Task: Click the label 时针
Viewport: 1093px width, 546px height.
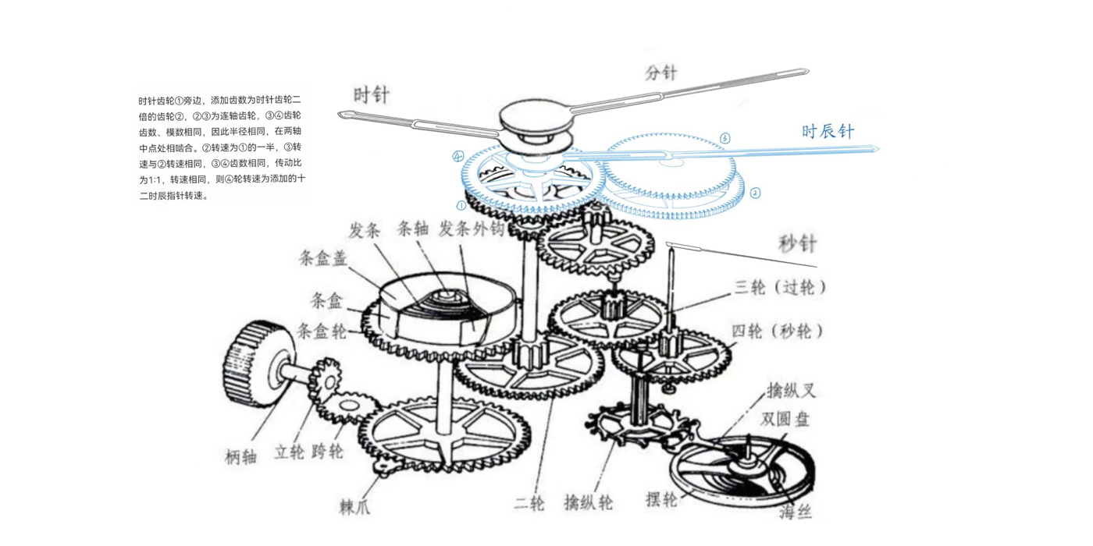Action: tap(372, 95)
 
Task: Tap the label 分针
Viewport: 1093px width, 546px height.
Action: tap(660, 73)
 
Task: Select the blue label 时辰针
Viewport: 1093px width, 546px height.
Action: tap(828, 131)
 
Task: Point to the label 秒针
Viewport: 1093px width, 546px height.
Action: tap(797, 244)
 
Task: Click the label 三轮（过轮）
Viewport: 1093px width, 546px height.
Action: tap(780, 288)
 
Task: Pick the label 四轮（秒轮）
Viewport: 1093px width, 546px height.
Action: tap(778, 331)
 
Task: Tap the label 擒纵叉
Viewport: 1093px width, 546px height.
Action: tap(791, 390)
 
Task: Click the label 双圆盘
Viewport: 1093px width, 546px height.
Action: tap(785, 420)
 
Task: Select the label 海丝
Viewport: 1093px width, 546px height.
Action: tap(796, 512)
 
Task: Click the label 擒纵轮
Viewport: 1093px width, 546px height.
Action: tap(589, 504)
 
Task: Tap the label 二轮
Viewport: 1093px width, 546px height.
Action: tap(529, 504)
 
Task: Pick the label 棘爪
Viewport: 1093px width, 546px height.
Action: tap(355, 507)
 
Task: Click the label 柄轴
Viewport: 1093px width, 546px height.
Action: tap(241, 458)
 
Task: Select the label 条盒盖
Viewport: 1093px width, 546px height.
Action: tap(322, 258)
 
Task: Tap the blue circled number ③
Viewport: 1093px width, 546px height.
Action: tap(725, 139)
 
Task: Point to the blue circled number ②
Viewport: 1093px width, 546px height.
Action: tap(755, 193)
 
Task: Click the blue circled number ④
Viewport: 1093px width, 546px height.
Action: tap(457, 157)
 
